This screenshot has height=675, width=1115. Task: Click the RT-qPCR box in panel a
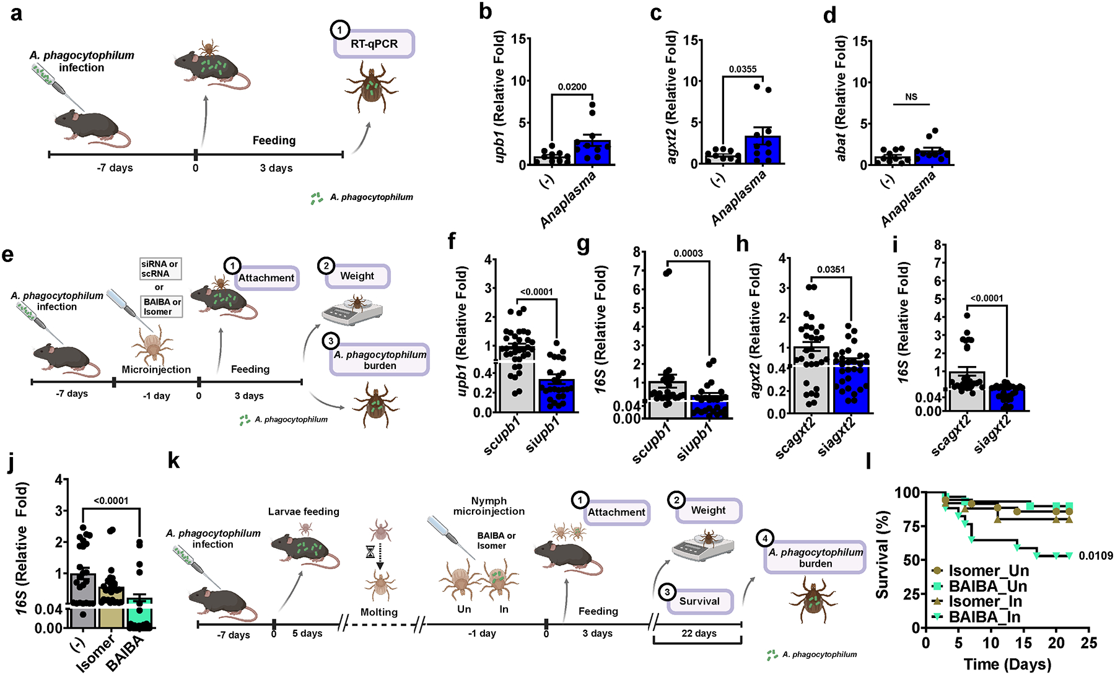point(374,44)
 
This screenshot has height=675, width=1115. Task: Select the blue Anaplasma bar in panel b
point(593,152)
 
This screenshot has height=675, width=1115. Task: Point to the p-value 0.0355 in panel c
point(742,69)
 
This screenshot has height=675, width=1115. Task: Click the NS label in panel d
point(911,97)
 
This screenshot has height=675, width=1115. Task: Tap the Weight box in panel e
point(357,276)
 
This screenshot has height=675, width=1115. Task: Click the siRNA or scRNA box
point(160,269)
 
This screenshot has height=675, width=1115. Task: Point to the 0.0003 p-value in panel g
point(688,253)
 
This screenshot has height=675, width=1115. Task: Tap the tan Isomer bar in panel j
point(111,607)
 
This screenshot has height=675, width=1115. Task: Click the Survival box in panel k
point(699,601)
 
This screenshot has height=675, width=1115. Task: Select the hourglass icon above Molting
point(370,551)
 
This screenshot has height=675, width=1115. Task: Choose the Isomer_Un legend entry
point(988,571)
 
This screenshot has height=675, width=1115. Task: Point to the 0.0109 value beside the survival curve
point(1096,556)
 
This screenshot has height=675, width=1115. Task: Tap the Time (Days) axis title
point(1007,664)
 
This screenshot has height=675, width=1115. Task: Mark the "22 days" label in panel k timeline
point(699,633)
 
